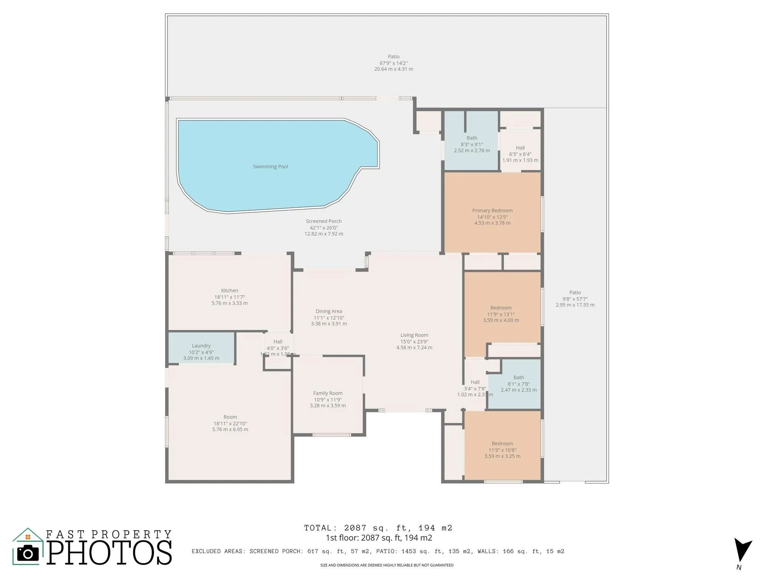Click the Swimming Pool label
[x=270, y=167]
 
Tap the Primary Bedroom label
[x=492, y=211]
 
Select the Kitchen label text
[x=229, y=291]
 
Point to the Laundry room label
[x=201, y=346]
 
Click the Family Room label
[x=328, y=393]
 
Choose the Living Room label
[x=414, y=335]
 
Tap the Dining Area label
[x=329, y=311]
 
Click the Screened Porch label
[x=324, y=221]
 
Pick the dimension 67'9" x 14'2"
[x=393, y=63]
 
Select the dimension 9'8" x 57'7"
[x=575, y=299]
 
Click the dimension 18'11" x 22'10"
[x=230, y=424]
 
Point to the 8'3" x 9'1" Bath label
[x=472, y=138]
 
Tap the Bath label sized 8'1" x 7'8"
[x=519, y=377]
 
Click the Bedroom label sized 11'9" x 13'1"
[x=501, y=308]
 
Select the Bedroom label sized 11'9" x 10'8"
[x=502, y=444]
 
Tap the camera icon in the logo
[x=28, y=553]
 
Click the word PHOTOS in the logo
[x=110, y=553]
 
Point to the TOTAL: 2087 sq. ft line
[x=378, y=528]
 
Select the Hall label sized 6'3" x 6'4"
[x=520, y=148]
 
